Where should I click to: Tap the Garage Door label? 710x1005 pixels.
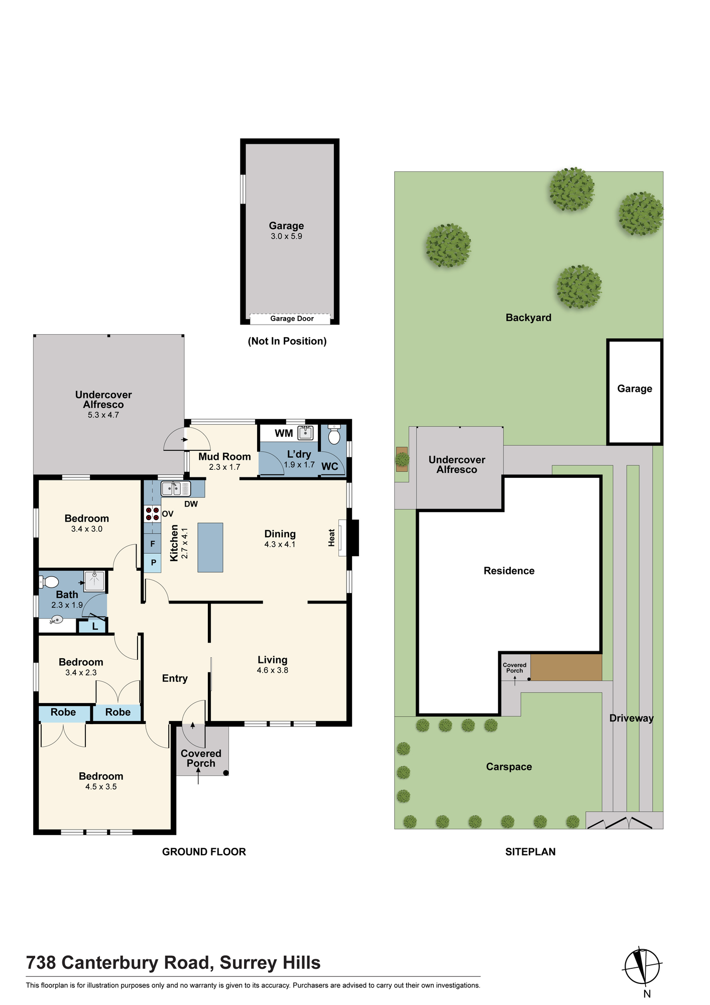pos(292,319)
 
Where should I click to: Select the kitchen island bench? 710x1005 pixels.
pos(210,547)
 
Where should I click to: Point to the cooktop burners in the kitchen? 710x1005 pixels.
pos(152,514)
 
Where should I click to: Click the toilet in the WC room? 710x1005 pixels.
pos(334,435)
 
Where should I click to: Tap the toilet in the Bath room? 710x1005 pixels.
pos(49,582)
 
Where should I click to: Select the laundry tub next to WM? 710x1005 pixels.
pos(305,433)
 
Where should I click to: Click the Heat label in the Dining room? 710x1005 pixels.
pos(331,538)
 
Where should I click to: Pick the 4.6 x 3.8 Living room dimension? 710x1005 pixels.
pos(273,670)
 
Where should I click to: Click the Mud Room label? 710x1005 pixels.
pos(224,456)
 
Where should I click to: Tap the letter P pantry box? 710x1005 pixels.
pos(153,563)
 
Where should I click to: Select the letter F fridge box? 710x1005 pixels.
pos(153,544)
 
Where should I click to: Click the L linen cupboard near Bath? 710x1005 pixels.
pos(95,627)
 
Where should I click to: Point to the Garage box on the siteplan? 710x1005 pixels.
pos(635,392)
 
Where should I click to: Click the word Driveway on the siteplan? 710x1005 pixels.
pos(632,718)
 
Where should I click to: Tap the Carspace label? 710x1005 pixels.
pos(509,767)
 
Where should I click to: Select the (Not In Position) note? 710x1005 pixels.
pos(287,341)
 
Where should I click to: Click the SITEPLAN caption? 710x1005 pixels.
pos(530,852)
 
